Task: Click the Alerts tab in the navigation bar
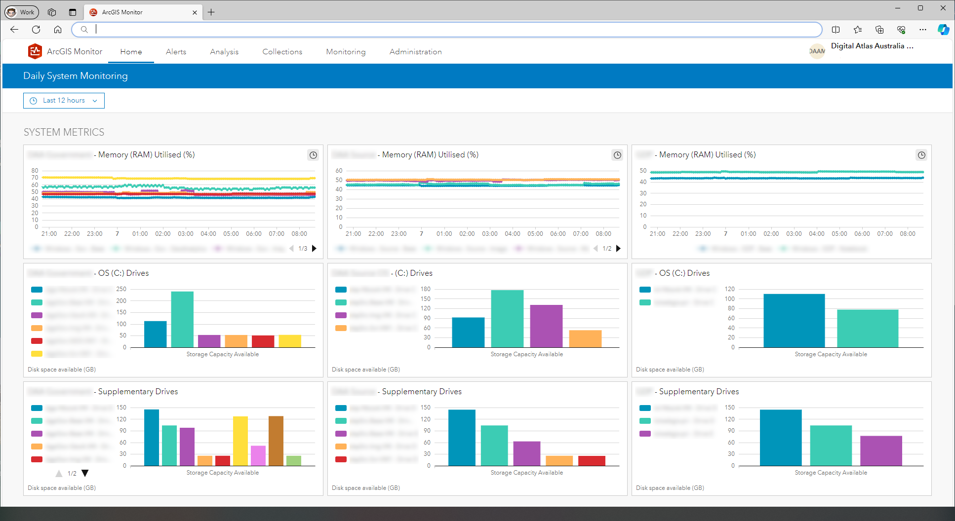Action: [176, 52]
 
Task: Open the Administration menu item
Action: [415, 52]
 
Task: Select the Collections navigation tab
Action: [282, 52]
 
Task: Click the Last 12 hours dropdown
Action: [64, 101]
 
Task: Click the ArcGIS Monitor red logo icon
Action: [35, 51]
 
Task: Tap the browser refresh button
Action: [36, 30]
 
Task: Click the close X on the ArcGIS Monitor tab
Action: [195, 12]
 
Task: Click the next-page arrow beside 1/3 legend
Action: [314, 249]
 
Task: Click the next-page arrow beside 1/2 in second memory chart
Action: [618, 249]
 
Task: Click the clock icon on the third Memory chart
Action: [921, 155]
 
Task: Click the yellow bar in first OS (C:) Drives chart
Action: [290, 341]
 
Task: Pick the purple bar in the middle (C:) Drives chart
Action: [546, 326]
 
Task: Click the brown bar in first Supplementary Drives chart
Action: [276, 440]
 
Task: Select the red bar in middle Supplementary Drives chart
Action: [592, 460]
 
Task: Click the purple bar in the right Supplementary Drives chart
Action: [881, 450]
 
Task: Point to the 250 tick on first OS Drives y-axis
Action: [121, 289]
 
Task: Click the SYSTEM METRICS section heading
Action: [64, 132]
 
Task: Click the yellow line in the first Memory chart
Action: [178, 178]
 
